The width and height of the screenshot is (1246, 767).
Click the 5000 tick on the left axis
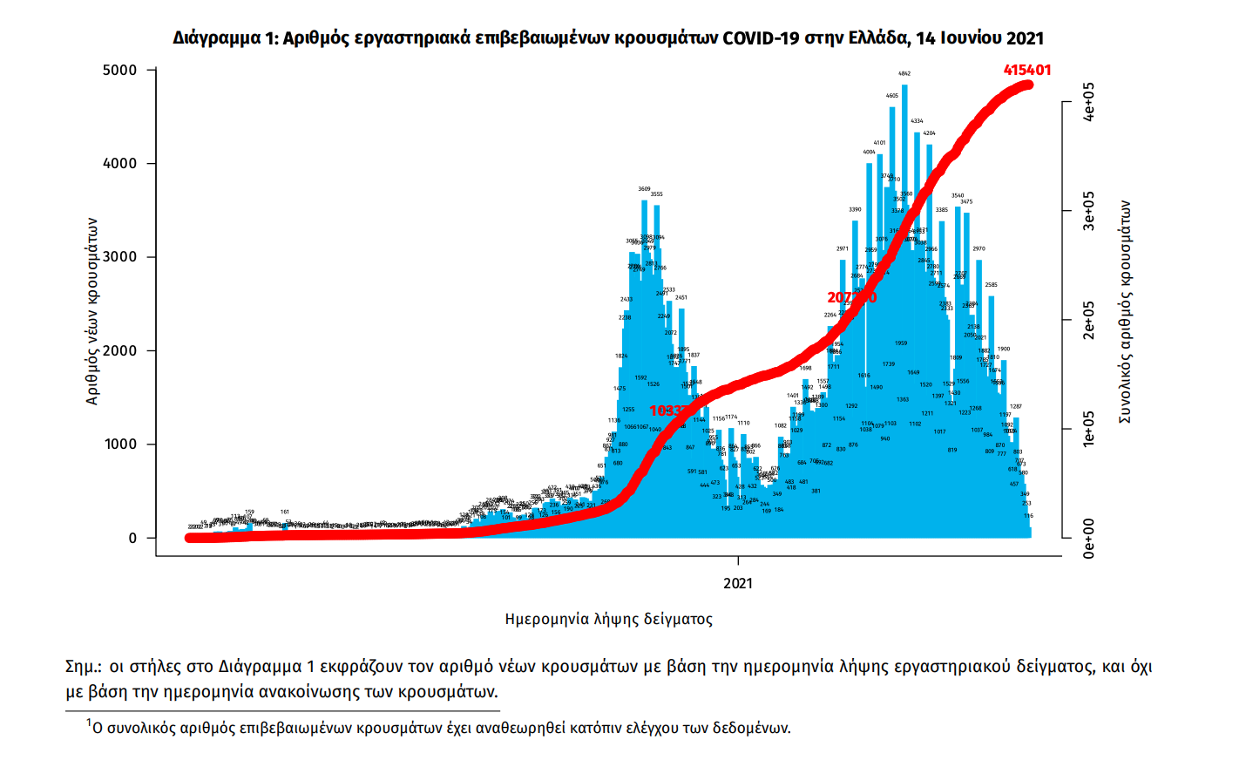[120, 70]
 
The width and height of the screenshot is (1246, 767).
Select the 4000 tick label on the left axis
[120, 163]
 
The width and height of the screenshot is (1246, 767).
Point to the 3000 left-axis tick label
[120, 257]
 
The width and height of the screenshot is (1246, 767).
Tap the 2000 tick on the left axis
[120, 350]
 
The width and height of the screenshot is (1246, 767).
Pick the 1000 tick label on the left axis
[120, 445]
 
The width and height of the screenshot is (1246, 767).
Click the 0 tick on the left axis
[132, 538]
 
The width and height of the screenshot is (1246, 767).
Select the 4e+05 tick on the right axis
[1088, 102]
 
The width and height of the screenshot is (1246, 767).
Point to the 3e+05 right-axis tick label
[1088, 211]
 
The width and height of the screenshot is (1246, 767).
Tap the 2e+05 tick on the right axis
[1088, 320]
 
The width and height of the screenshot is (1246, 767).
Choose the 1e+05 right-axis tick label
[1088, 429]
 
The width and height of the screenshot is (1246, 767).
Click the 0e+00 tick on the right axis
[1088, 538]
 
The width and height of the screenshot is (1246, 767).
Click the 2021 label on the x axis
[738, 583]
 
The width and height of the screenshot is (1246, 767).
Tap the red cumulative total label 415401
[1027, 70]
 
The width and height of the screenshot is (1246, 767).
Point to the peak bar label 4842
[904, 74]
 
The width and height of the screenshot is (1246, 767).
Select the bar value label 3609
[644, 189]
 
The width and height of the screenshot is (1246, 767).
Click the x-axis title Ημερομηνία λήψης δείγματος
[608, 620]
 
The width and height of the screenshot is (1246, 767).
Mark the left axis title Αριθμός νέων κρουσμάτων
[92, 311]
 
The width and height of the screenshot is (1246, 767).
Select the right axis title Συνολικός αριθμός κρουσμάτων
[1125, 312]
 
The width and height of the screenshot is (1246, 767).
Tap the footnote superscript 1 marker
[89, 723]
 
